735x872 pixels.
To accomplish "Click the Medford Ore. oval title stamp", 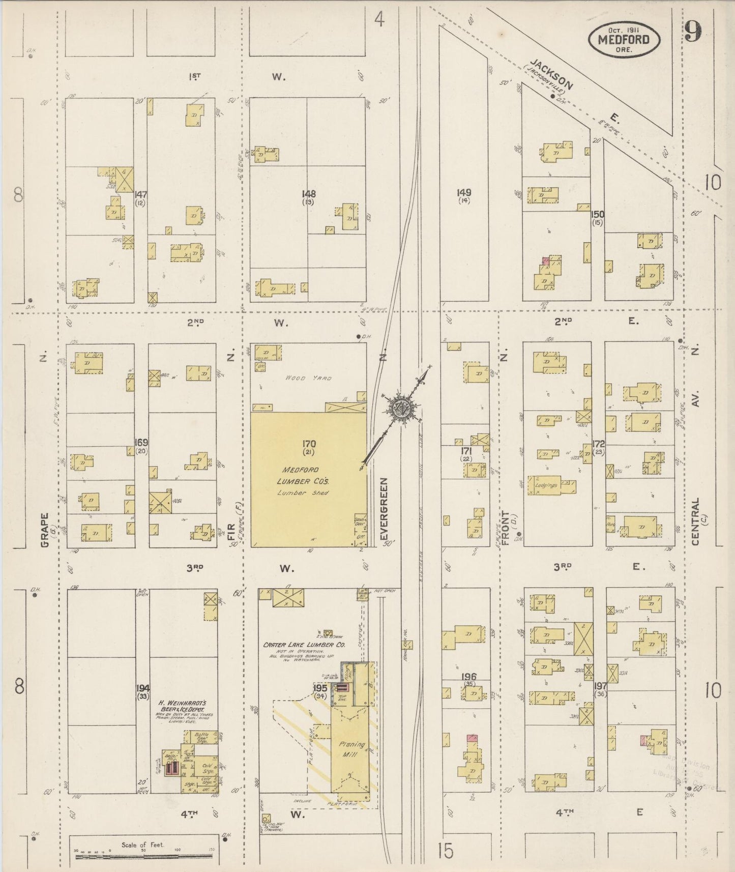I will click(624, 39).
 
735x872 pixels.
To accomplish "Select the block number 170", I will click(309, 444).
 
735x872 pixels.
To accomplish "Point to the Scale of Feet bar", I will click(145, 857).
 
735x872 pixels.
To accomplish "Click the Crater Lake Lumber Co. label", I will click(304, 645).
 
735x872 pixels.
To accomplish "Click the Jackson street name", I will click(551, 75).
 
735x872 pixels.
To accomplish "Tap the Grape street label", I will click(45, 530).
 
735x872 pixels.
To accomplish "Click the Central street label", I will click(695, 521).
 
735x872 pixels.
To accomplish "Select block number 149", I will click(464, 193).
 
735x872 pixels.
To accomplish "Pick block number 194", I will click(142, 688).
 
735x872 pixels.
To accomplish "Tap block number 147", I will click(140, 194).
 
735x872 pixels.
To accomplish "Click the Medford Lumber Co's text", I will click(304, 475).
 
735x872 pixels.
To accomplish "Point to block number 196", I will click(468, 677).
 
